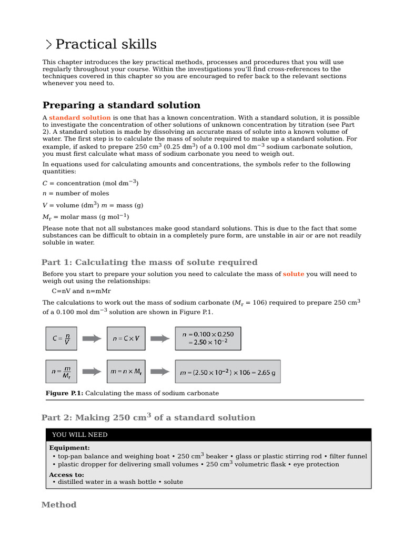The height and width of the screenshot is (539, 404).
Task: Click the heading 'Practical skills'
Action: [x=105, y=44]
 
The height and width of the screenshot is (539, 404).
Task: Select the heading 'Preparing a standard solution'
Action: [x=121, y=105]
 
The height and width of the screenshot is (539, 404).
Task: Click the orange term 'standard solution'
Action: [x=80, y=118]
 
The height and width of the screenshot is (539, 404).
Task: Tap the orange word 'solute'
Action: [x=293, y=274]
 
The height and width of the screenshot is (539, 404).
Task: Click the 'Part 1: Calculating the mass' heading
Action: [x=149, y=262]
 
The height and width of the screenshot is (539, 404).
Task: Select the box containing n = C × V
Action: [x=126, y=338]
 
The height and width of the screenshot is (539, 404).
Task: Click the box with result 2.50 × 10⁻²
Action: [x=208, y=338]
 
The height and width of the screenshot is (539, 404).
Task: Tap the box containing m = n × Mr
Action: [x=126, y=372]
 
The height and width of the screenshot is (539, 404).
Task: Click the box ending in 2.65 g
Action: [x=227, y=372]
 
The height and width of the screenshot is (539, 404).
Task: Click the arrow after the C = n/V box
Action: [x=92, y=338]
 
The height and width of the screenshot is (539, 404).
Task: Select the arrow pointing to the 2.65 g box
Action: [x=160, y=372]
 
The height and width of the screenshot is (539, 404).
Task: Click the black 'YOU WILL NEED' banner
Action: [x=208, y=435]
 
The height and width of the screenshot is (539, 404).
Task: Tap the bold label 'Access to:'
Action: [x=66, y=474]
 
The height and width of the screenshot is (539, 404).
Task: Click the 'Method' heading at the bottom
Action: [x=59, y=505]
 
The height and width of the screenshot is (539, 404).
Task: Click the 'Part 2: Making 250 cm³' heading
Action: [x=148, y=417]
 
